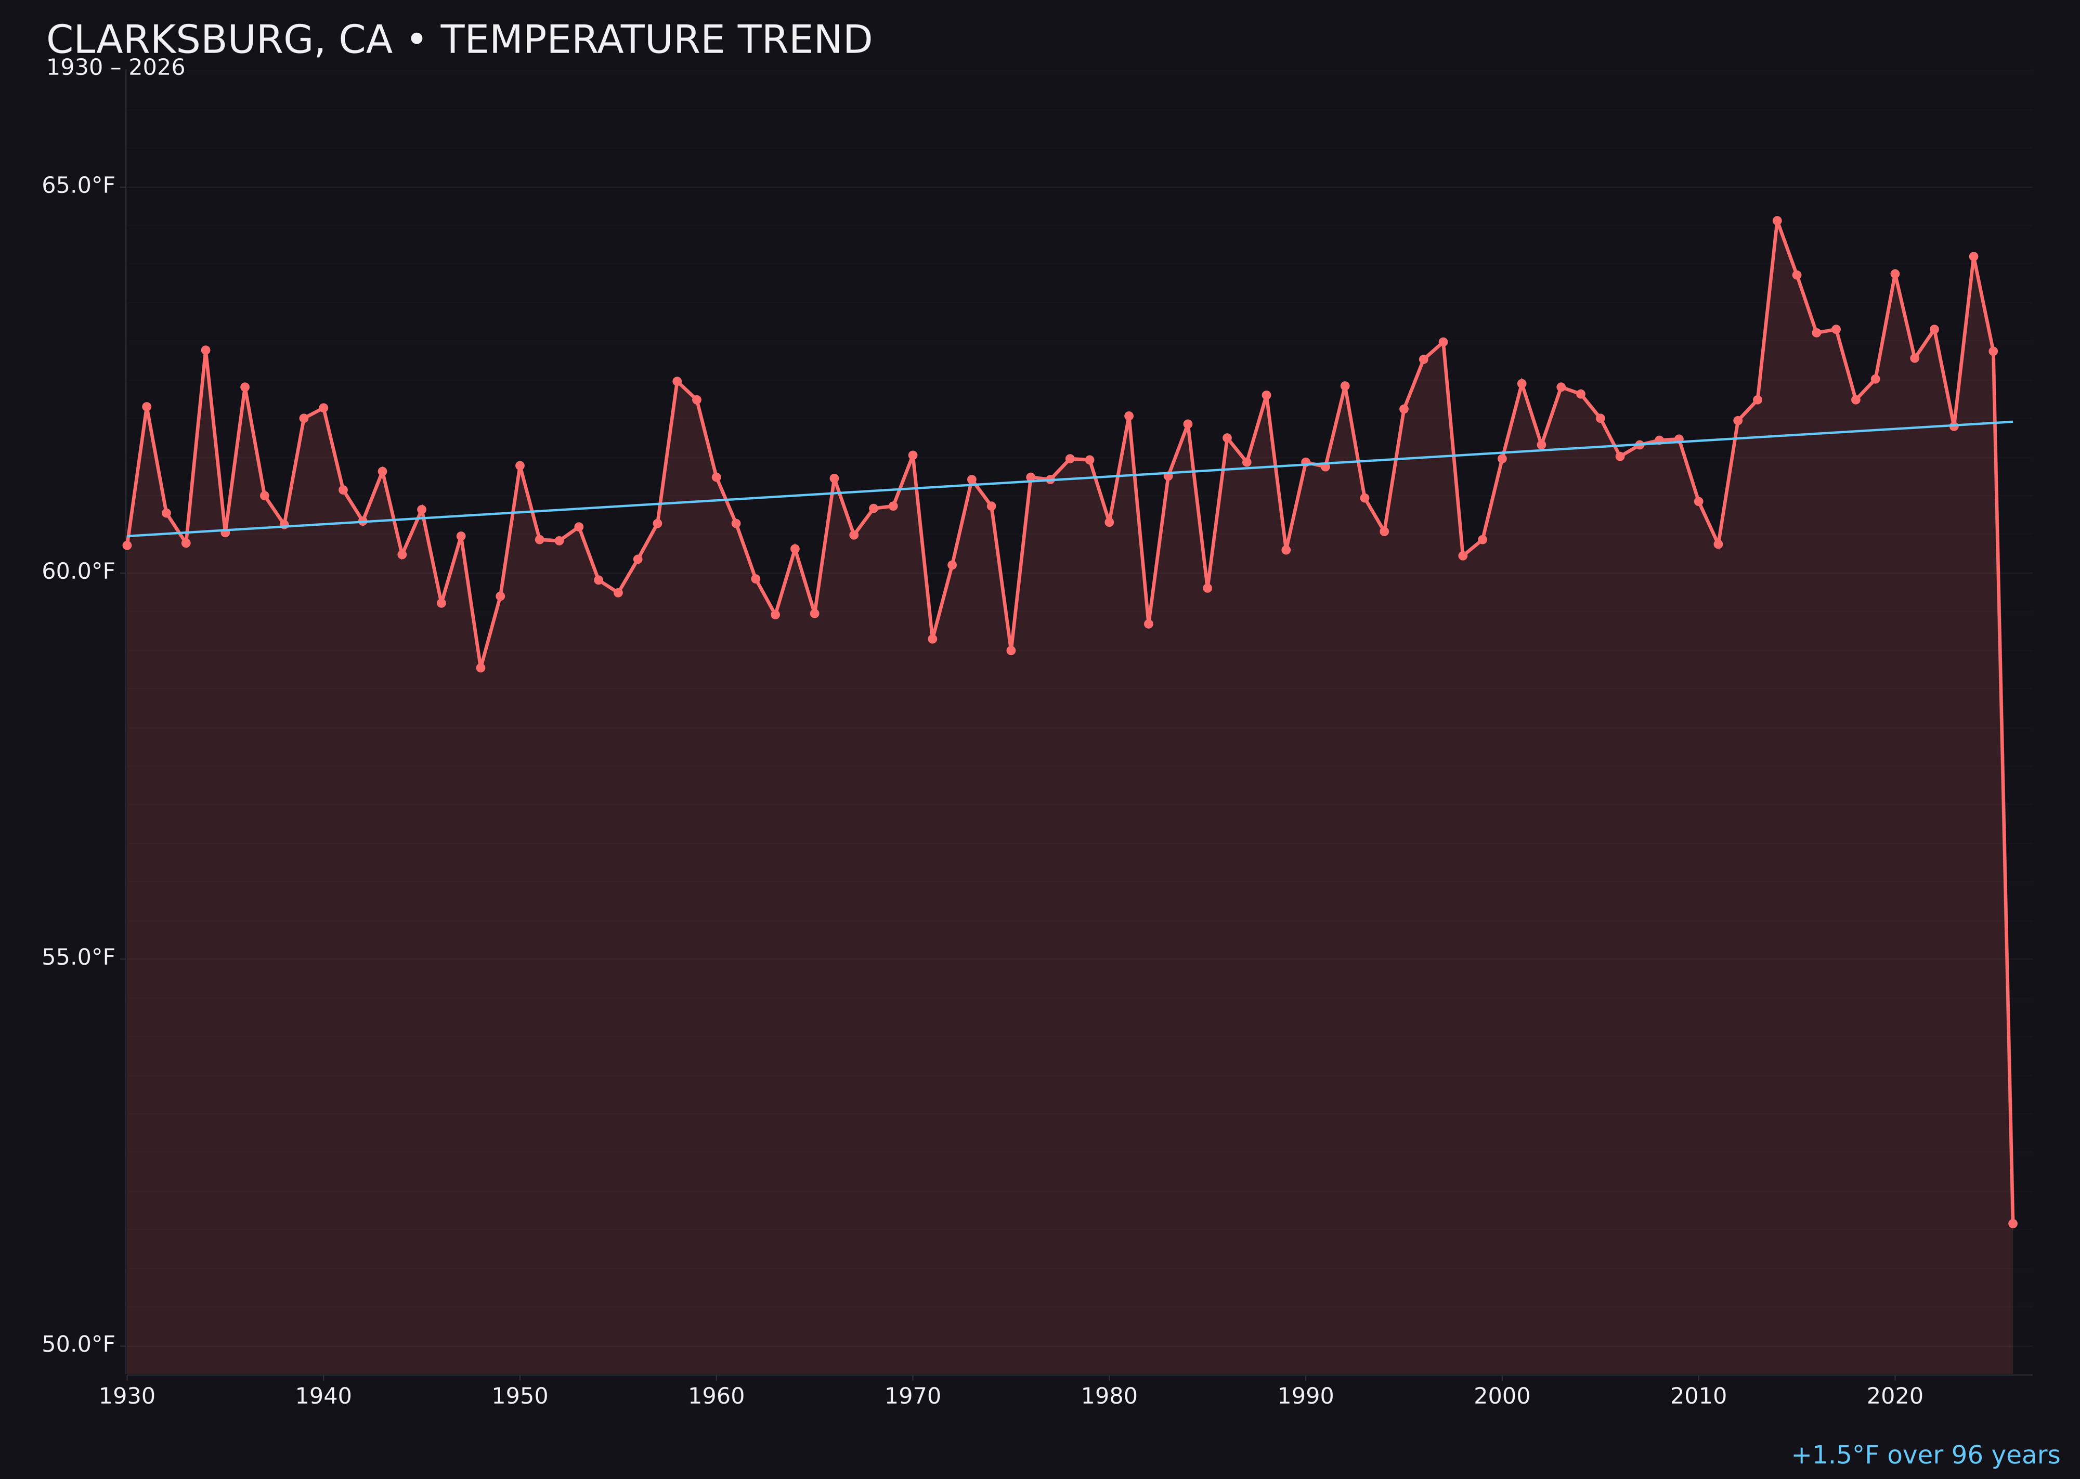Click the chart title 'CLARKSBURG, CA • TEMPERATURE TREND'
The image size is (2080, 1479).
(459, 40)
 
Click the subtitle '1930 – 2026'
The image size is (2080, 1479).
(115, 68)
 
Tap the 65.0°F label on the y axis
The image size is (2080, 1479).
(79, 186)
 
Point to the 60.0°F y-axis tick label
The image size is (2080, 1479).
(79, 571)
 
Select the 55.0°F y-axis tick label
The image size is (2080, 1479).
(79, 957)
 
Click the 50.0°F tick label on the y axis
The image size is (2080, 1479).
(79, 1344)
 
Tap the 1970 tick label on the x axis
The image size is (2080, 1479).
(913, 1396)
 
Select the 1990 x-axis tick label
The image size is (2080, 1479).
(1306, 1396)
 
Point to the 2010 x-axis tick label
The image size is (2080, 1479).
(1698, 1396)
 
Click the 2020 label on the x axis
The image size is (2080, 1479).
(1895, 1396)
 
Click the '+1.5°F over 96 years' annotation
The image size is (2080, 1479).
(1925, 1455)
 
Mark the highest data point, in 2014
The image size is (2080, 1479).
(1777, 220)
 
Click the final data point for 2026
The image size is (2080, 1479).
(2012, 1223)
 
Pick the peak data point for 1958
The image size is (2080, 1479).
(677, 381)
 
